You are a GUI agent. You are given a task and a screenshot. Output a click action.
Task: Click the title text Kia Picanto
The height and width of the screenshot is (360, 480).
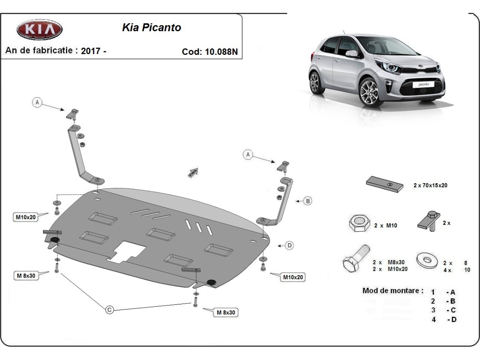[151, 28]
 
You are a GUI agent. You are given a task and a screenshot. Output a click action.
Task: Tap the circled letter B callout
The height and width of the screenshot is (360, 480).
[308, 201]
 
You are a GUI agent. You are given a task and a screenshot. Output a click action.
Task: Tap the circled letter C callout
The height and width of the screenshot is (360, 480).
[109, 309]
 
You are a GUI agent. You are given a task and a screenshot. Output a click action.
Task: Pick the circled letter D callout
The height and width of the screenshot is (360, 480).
[290, 246]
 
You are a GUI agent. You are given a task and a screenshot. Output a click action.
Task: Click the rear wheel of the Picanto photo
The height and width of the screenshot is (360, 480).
[316, 82]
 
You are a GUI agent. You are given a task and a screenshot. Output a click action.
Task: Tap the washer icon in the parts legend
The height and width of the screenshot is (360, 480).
[426, 260]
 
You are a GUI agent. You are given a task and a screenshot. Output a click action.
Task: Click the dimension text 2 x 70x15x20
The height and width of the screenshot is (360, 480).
[430, 186]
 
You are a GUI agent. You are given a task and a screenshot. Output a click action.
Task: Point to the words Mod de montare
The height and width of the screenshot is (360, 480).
[392, 291]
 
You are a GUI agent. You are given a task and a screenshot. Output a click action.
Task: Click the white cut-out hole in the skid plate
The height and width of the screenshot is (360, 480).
[127, 252]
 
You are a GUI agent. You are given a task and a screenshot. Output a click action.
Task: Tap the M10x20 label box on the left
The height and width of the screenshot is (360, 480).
[26, 217]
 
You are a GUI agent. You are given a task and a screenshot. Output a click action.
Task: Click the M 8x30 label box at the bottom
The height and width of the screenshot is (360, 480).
[226, 312]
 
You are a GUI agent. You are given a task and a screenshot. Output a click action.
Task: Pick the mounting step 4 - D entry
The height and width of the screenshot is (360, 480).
[444, 319]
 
